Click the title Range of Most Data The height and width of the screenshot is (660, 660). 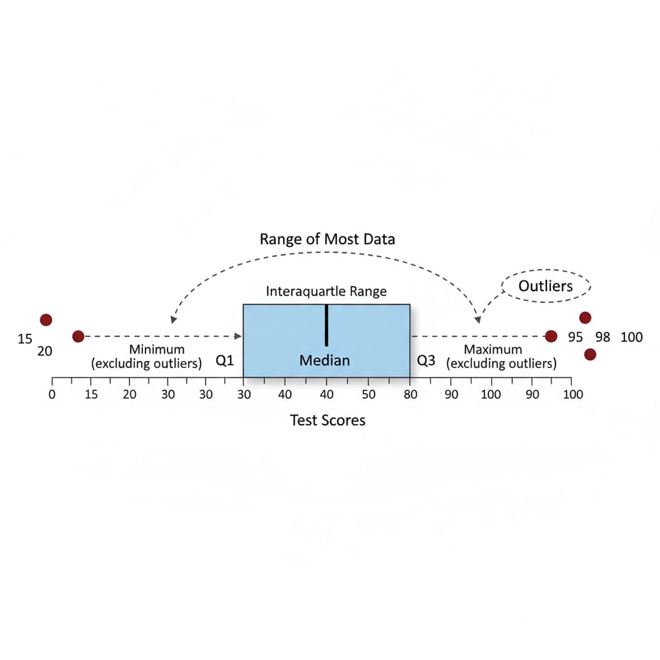327,239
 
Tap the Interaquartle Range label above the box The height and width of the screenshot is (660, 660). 326,291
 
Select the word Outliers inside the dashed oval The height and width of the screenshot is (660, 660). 545,286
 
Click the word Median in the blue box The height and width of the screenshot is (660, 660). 325,360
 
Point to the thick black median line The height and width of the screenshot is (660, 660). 327,325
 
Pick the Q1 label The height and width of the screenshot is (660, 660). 224,360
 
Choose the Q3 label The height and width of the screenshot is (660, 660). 426,360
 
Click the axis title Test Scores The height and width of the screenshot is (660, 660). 327,421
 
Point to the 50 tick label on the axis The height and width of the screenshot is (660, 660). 368,394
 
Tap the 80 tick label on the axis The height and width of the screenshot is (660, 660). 410,394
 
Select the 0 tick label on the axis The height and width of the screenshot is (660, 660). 52,394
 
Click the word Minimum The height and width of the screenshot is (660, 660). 157,349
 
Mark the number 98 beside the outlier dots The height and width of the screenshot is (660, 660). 603,337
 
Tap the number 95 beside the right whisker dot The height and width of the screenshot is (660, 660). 576,337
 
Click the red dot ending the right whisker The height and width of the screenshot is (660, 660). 551,336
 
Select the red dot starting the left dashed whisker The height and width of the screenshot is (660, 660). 78,336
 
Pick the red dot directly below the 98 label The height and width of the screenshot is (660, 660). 590,354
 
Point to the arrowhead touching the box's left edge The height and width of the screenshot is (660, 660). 239,336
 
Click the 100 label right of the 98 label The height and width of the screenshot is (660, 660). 632,337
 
